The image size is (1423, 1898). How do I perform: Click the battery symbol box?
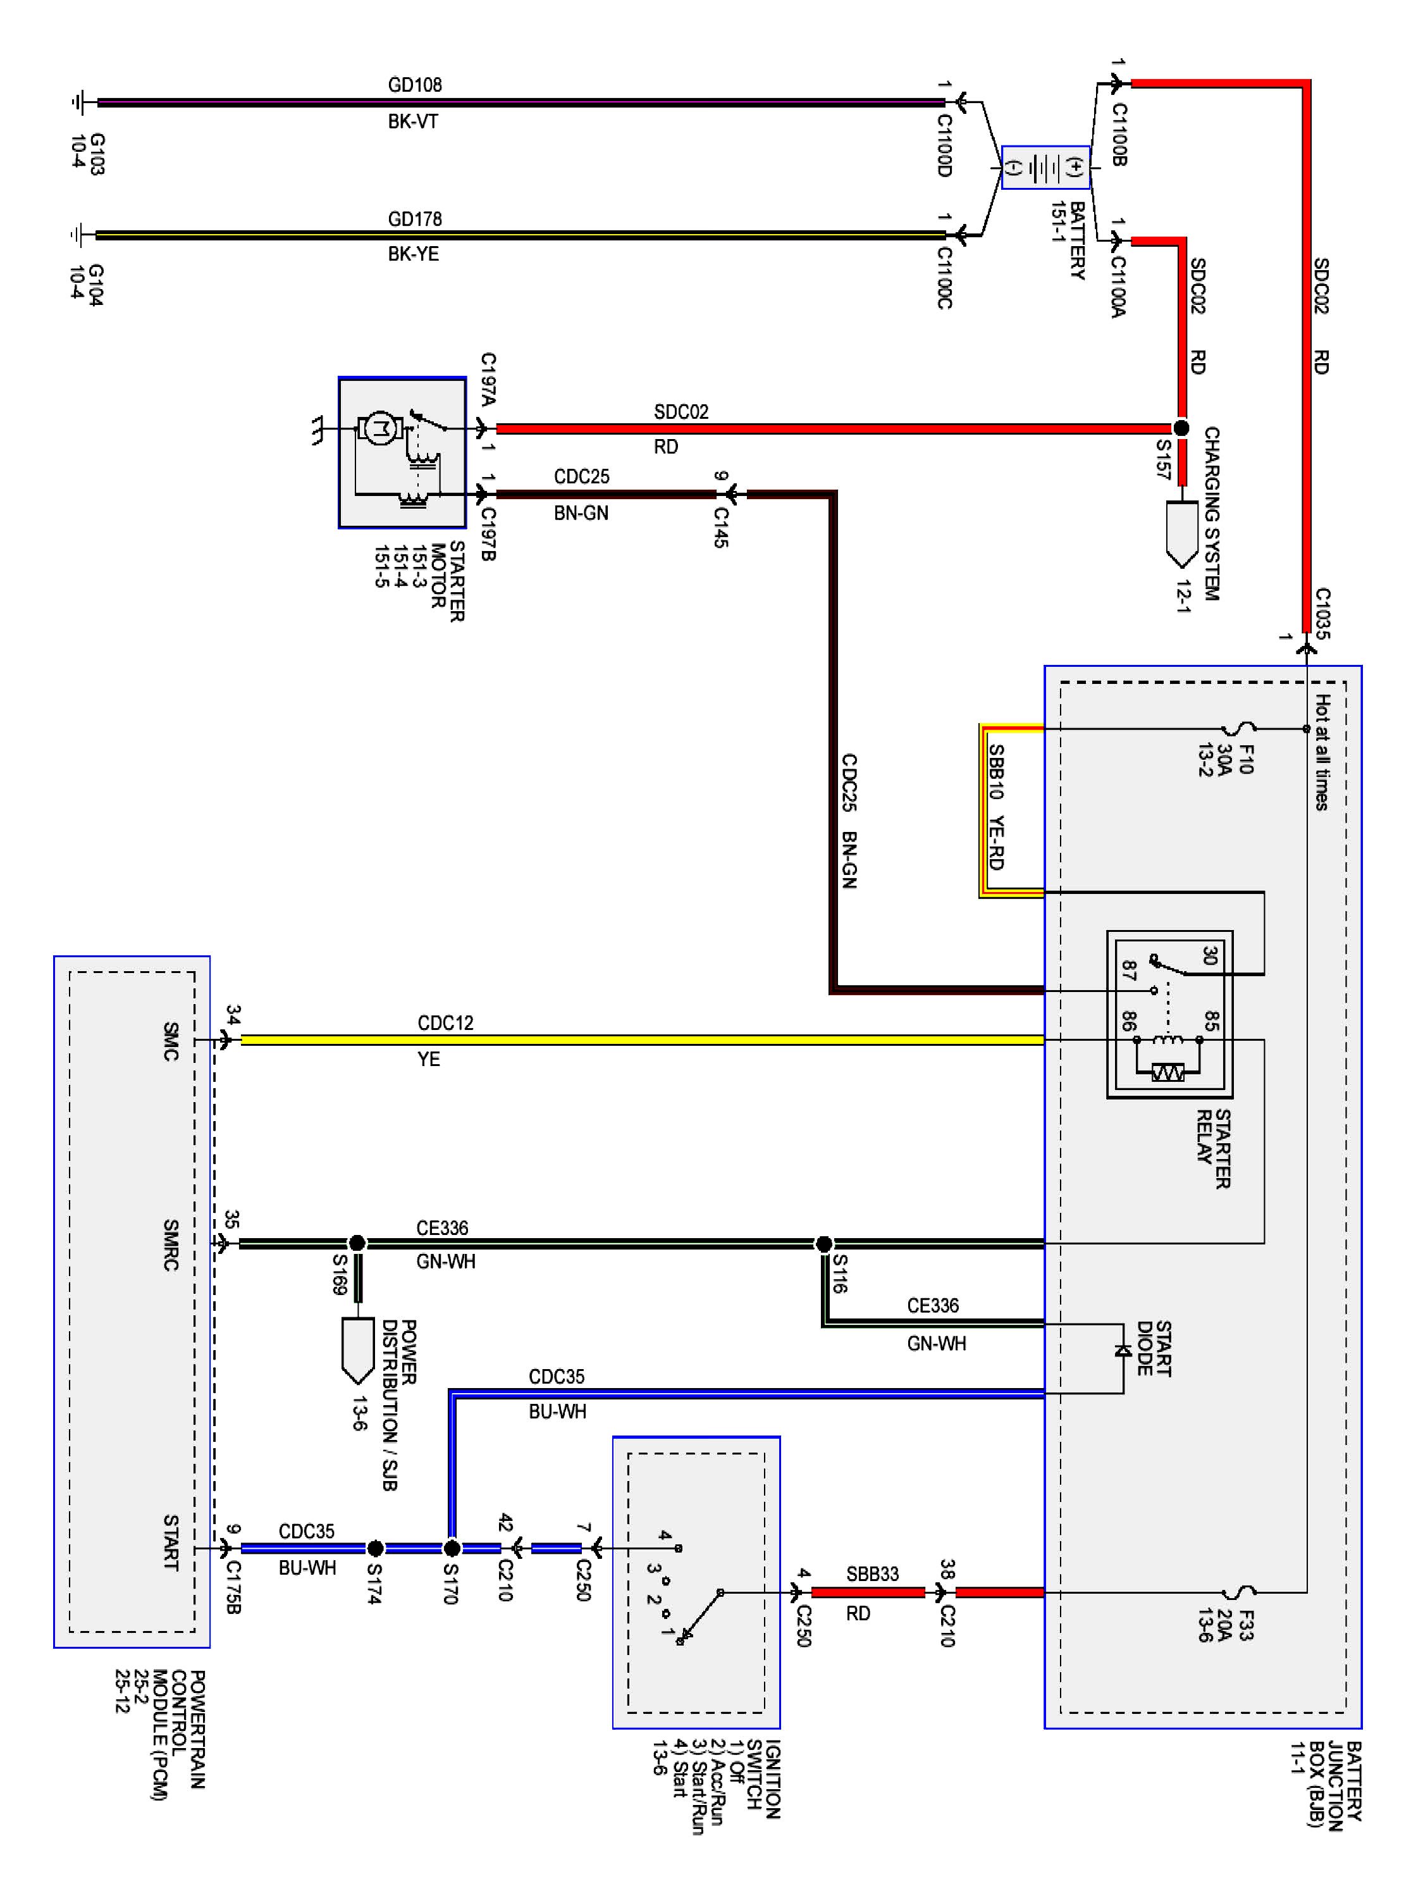point(1045,167)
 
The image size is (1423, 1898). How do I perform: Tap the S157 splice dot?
point(1181,427)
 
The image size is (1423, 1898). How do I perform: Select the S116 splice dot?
point(823,1243)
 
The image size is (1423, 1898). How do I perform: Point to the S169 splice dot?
point(357,1243)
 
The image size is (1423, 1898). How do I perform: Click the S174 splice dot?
point(375,1549)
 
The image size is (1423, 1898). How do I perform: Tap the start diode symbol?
point(1123,1351)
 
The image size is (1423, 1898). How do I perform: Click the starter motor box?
point(402,452)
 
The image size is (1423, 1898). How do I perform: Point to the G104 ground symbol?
point(79,234)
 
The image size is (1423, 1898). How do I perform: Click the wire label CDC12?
point(445,1023)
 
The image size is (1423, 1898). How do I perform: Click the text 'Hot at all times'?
point(1322,752)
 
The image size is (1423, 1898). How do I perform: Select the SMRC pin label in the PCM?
point(171,1244)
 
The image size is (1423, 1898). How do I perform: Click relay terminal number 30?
point(1209,955)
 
